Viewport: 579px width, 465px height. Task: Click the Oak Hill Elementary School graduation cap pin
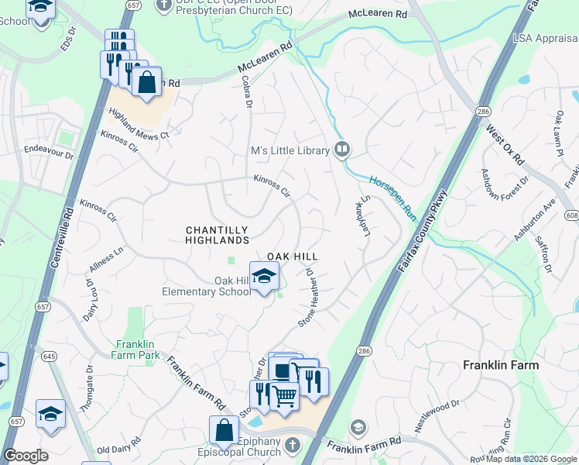264,277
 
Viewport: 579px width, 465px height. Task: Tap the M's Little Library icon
342,150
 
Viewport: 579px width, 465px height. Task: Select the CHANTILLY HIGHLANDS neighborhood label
217,236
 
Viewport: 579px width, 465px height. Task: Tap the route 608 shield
571,215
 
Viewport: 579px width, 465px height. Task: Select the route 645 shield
50,356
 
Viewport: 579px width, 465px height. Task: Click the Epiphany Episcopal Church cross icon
292,445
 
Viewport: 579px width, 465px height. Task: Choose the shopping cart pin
284,396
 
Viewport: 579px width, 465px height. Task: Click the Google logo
26,456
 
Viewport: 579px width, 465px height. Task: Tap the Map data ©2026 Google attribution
531,459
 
